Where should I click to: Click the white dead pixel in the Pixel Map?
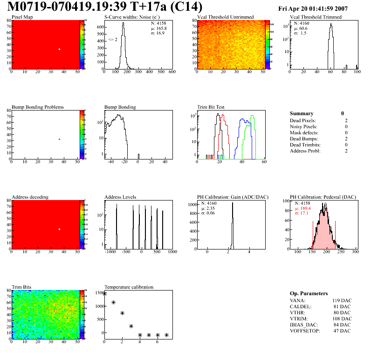(60, 49)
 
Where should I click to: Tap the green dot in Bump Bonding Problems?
(60, 139)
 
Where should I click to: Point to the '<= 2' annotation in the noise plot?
(112, 40)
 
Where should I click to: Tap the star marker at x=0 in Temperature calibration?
(104, 294)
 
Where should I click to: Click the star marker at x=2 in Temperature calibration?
(122, 313)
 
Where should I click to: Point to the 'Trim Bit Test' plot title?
(211, 107)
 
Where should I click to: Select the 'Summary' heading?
(302, 113)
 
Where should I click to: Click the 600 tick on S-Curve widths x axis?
(172, 72)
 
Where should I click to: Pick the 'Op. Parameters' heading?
(309, 293)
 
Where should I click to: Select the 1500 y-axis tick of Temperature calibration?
(99, 293)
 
